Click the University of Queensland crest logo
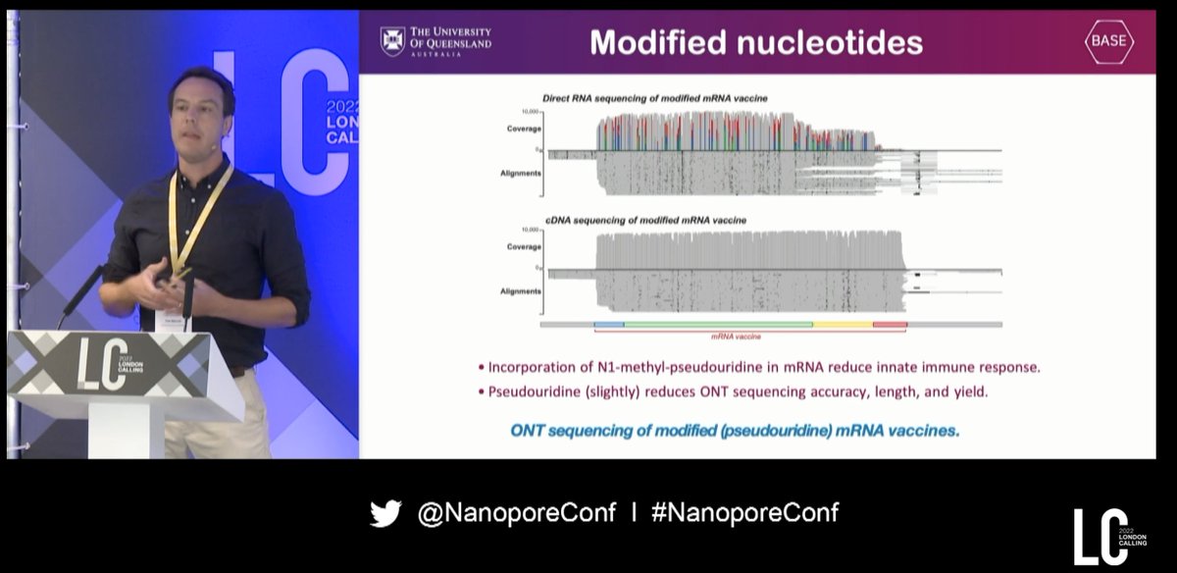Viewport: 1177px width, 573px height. [392, 41]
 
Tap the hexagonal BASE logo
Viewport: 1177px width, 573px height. [1108, 41]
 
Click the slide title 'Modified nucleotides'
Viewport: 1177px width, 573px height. [755, 42]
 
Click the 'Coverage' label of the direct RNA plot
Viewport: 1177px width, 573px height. [524, 130]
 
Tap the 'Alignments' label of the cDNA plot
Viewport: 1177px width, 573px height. [521, 291]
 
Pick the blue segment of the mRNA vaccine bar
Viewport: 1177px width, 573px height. [609, 324]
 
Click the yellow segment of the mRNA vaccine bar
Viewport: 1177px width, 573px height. [843, 324]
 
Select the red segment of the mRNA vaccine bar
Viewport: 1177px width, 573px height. [890, 324]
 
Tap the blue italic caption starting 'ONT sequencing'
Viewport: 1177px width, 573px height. [735, 431]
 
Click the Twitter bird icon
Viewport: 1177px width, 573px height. [385, 513]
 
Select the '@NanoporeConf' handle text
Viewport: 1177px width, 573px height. [516, 513]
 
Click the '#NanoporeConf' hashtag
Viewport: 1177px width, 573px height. [744, 512]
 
